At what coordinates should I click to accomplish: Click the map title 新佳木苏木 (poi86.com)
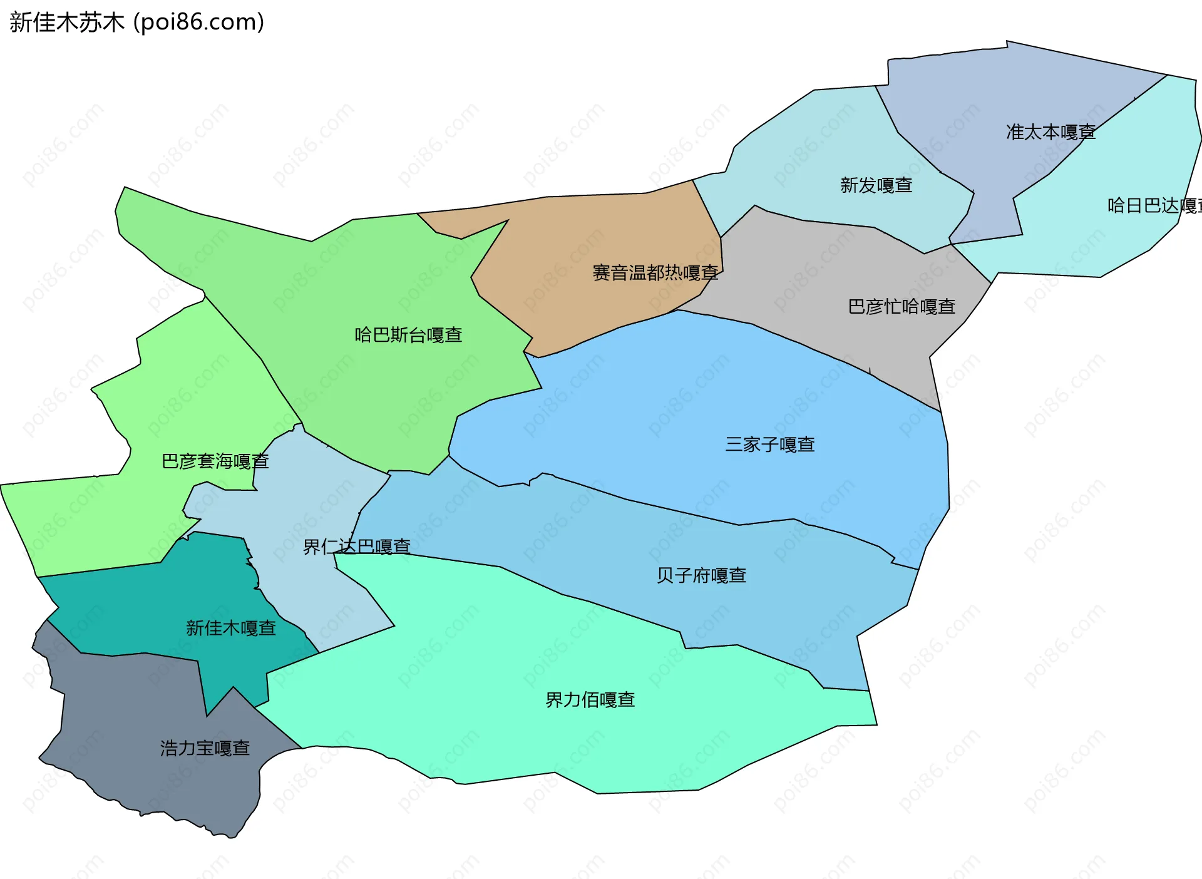click(x=136, y=23)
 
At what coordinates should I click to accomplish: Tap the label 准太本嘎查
click(x=1050, y=132)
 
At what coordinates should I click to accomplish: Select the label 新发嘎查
click(x=876, y=185)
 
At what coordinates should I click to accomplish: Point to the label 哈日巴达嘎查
click(x=1154, y=205)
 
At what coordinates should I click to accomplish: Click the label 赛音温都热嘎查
click(x=655, y=273)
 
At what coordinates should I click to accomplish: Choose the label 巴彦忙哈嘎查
click(x=902, y=307)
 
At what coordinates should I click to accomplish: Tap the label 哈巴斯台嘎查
click(x=408, y=335)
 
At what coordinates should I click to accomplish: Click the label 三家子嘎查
click(x=769, y=445)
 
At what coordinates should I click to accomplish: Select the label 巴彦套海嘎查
click(x=215, y=461)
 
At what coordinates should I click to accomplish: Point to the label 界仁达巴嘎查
click(x=356, y=547)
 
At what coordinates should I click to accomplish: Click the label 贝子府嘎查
click(x=701, y=575)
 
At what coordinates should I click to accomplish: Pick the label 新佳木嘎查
click(x=230, y=628)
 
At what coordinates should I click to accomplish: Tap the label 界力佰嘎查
click(x=590, y=700)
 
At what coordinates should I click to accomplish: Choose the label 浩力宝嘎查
click(x=205, y=748)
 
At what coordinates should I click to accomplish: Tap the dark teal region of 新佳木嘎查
click(x=157, y=601)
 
